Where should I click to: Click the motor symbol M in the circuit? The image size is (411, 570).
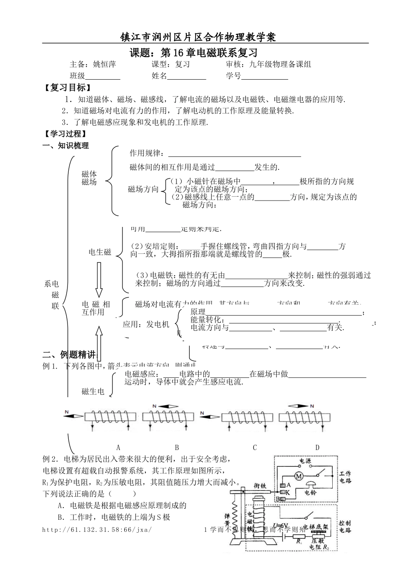point(298,476)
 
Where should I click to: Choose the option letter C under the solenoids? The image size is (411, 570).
point(255,447)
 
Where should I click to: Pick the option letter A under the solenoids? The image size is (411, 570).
point(118,447)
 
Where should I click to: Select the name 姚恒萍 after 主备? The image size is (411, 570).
point(104,65)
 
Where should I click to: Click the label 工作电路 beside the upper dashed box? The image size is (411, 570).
point(345,477)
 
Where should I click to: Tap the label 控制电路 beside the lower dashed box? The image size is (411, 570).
point(345,527)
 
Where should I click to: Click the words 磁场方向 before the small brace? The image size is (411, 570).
point(144,189)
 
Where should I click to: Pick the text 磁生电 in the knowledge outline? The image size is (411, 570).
point(93,392)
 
